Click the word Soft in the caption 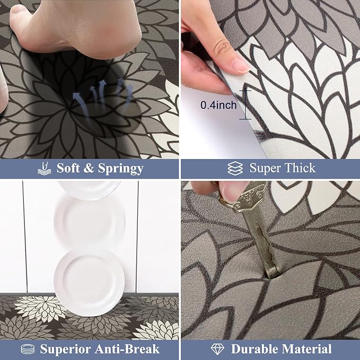(68, 168)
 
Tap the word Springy (121, 169)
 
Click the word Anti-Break (127, 349)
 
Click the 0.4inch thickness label (218, 105)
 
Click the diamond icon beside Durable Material (217, 349)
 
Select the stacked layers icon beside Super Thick (235, 168)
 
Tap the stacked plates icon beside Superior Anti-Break (28, 349)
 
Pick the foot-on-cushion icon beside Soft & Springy (44, 168)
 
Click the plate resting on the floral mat (90, 283)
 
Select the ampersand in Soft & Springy (89, 168)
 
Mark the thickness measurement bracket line (245, 104)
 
